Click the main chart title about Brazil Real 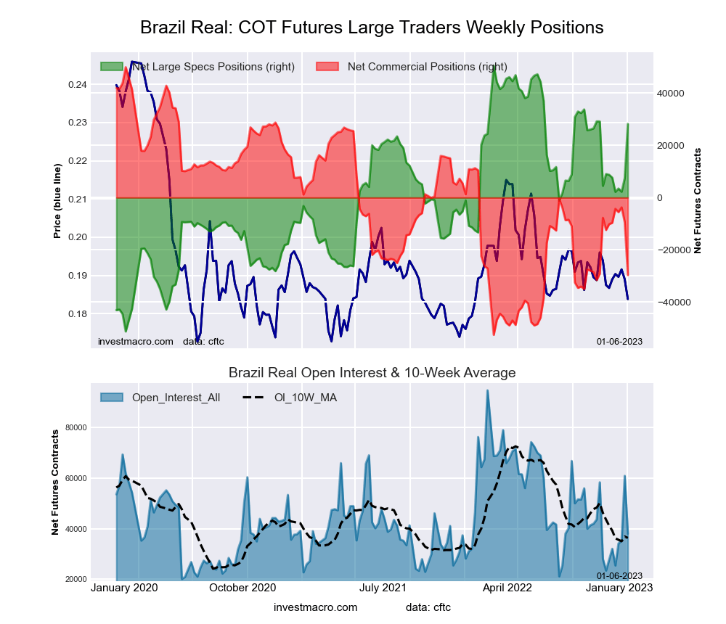click(372, 28)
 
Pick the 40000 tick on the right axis click(672, 94)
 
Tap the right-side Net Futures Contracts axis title click(698, 201)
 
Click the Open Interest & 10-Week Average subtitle click(372, 373)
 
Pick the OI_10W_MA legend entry click(305, 398)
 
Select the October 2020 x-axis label click(243, 588)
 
